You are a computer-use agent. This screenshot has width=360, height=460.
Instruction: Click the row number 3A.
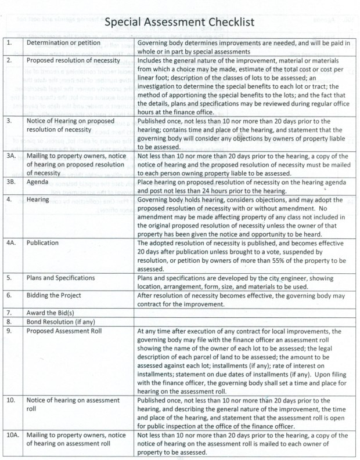12,157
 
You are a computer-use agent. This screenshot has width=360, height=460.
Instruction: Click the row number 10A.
13,436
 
